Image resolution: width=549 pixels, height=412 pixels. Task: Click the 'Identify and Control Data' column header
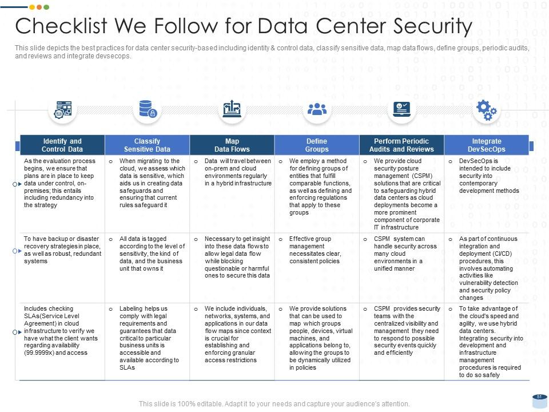(62, 145)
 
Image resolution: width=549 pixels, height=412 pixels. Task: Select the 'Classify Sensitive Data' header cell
(147, 145)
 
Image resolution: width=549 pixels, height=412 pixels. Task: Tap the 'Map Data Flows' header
(232, 145)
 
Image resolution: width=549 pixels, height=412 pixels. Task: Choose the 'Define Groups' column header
(317, 145)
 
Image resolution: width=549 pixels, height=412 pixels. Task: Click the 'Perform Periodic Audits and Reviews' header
(401, 145)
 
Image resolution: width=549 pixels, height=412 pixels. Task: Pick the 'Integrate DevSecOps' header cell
(487, 145)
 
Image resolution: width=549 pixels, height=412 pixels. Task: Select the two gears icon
(486, 110)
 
